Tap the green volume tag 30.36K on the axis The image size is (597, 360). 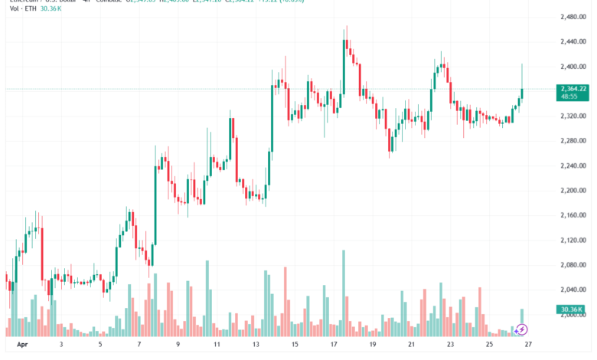click(x=570, y=309)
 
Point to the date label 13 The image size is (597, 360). click(x=256, y=345)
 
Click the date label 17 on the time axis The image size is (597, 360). click(x=334, y=345)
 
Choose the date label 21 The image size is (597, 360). click(x=412, y=345)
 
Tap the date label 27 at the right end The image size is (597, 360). click(x=528, y=345)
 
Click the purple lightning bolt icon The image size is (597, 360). click(x=522, y=330)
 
